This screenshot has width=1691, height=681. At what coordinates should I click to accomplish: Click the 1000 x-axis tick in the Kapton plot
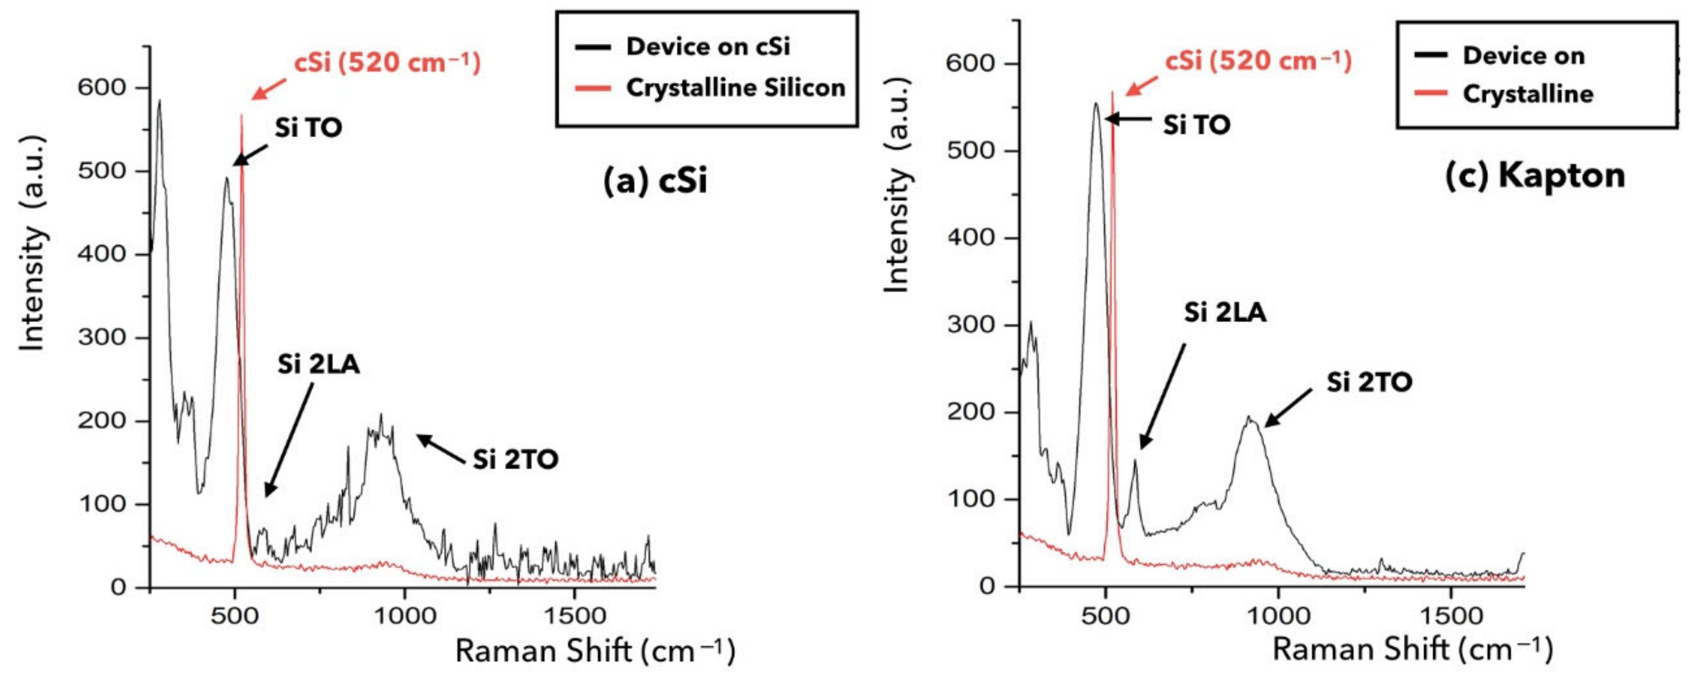click(1277, 617)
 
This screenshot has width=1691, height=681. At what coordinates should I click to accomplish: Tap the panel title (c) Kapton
click(1535, 176)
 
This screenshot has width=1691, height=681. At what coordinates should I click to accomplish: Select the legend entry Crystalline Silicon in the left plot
click(735, 87)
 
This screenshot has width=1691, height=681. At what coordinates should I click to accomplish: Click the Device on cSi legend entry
click(708, 47)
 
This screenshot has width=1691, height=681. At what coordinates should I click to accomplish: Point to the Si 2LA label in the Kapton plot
click(1225, 313)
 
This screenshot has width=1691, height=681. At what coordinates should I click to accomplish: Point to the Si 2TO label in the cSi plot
click(515, 460)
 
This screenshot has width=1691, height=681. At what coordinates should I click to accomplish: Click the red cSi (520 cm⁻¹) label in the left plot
click(387, 63)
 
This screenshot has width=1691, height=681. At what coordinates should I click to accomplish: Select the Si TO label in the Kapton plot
click(1196, 125)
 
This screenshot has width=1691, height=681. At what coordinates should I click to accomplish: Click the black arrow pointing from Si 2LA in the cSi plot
click(288, 440)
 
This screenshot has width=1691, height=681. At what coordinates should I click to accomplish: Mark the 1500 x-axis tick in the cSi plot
click(575, 617)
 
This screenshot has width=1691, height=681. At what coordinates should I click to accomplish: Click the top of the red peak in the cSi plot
click(241, 116)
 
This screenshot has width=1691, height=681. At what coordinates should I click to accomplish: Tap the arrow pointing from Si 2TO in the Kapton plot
click(1288, 407)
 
